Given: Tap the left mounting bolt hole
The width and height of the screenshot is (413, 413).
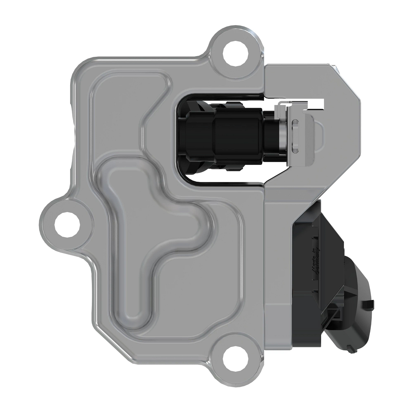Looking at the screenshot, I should [67, 225].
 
